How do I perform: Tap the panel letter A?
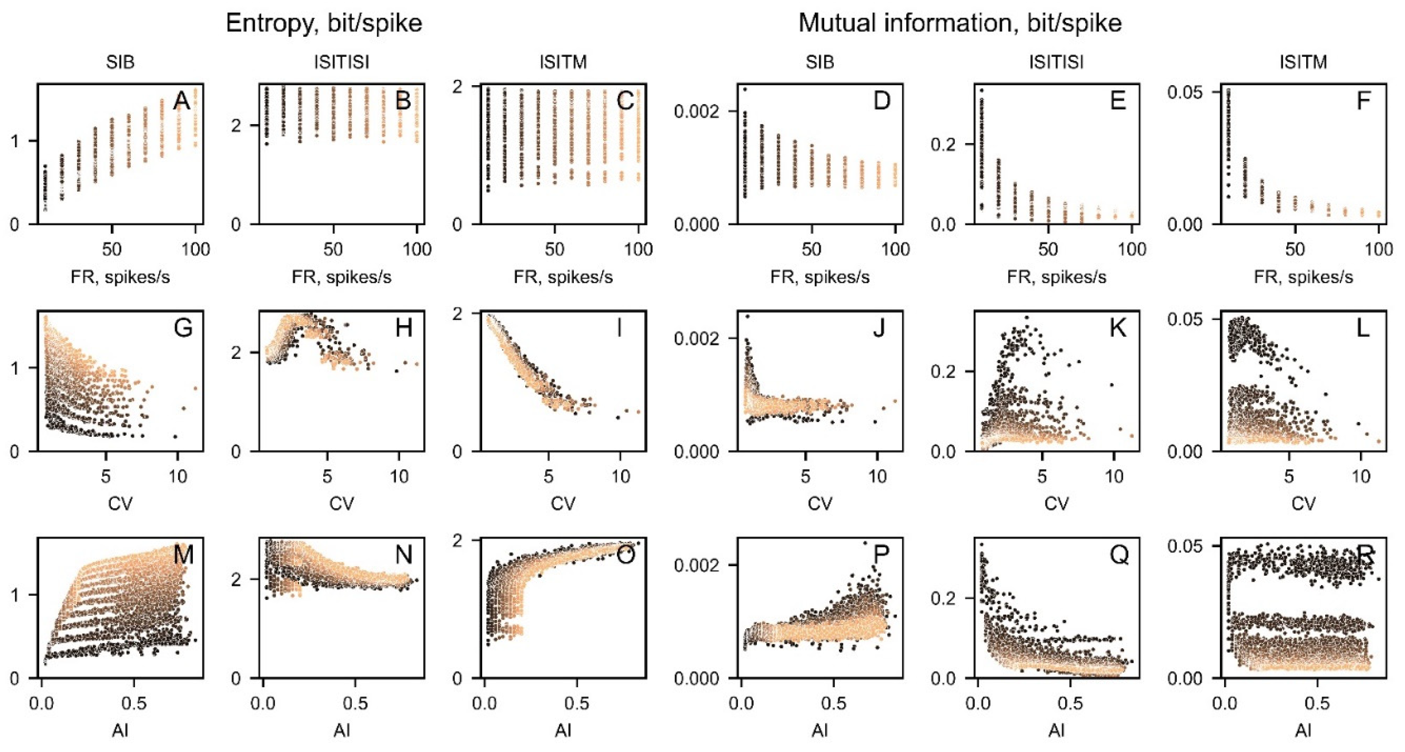coord(182,101)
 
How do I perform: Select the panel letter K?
coord(1118,328)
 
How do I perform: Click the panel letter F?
coord(1363,101)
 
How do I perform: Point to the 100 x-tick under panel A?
coord(195,250)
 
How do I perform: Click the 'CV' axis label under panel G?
coord(120,503)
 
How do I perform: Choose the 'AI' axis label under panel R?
coord(1303,730)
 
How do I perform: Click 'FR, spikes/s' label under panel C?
coord(563,278)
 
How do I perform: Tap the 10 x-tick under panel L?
coord(1361,477)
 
